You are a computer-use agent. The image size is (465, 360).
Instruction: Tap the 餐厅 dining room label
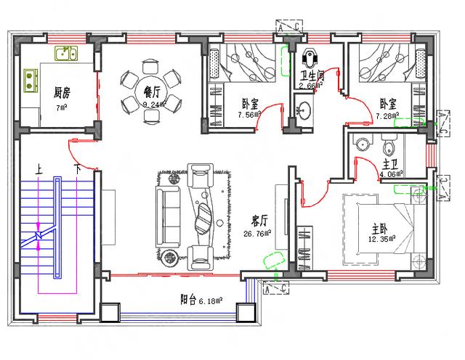[x=153, y=92]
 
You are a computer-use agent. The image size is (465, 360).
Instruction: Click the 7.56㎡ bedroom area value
[x=251, y=115]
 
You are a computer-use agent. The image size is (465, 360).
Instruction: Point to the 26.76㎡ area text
[x=257, y=234]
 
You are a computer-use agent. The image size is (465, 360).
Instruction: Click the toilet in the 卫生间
[x=311, y=56]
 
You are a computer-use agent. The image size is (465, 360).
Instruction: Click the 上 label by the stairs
[x=38, y=168]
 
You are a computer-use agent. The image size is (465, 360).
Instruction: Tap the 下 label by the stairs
[x=77, y=168]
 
